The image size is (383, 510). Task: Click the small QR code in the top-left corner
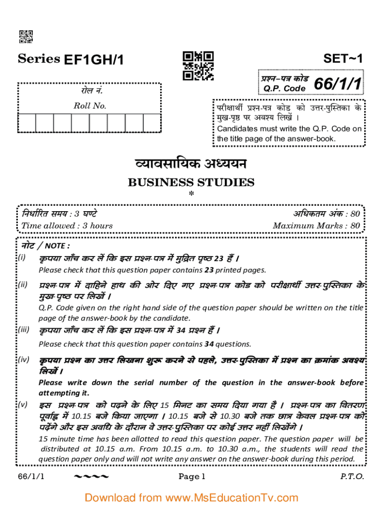click(x=26, y=37)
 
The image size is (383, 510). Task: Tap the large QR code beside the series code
click(x=198, y=66)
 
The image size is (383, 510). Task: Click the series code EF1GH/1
click(x=94, y=60)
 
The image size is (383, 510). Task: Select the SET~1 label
click(x=343, y=58)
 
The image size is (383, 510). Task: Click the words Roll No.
click(x=90, y=106)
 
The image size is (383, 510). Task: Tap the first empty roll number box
click(x=27, y=124)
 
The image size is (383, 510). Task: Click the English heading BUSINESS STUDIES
click(x=191, y=182)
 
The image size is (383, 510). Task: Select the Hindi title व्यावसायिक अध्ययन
click(x=191, y=164)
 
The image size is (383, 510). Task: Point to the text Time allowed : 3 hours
click(x=67, y=226)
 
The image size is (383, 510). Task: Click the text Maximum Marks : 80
click(x=316, y=226)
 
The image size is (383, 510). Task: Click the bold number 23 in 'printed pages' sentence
click(x=209, y=270)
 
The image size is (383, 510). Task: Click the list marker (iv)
click(x=23, y=360)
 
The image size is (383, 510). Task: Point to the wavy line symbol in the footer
click(x=91, y=477)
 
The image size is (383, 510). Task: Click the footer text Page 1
click(x=191, y=477)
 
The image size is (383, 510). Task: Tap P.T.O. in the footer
click(x=352, y=477)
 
